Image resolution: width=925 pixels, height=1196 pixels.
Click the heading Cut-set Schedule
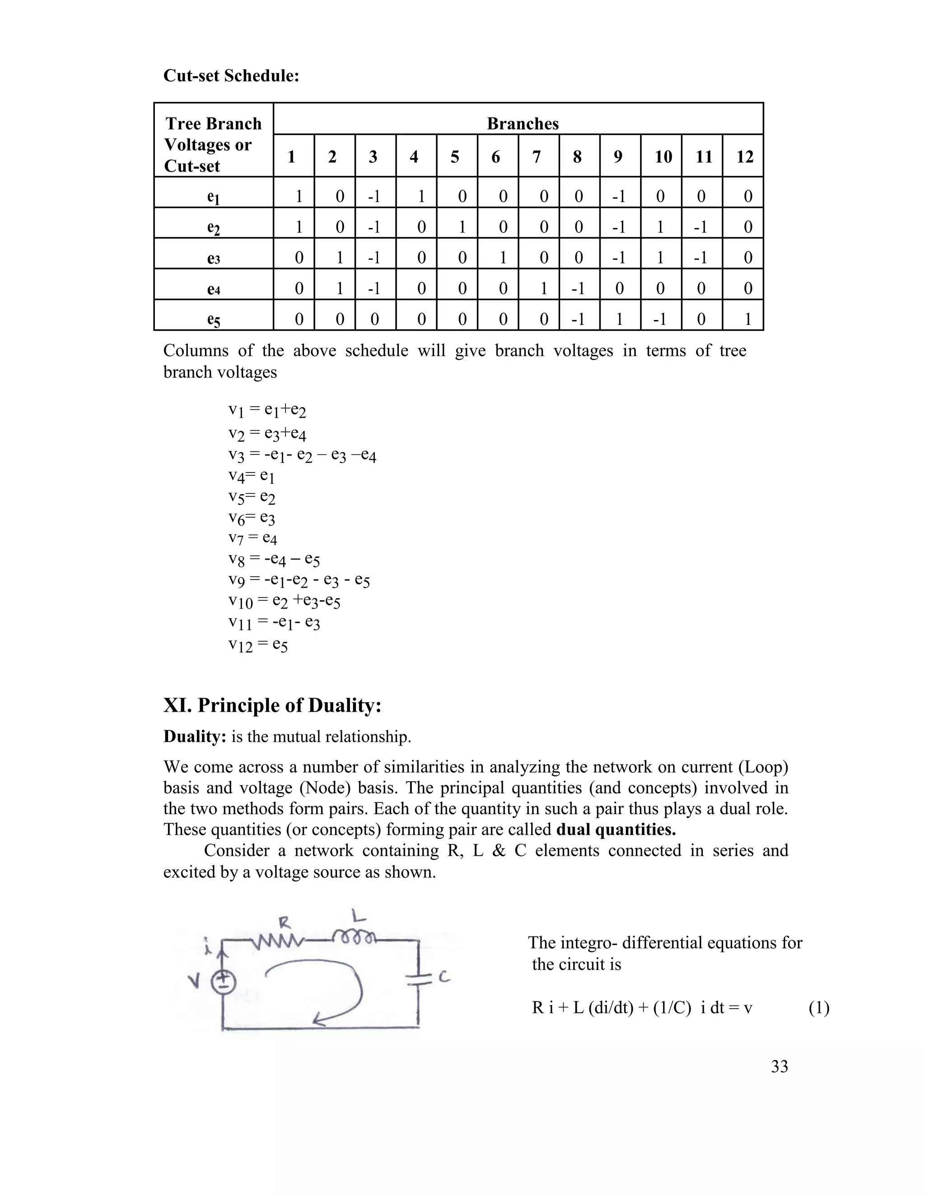(x=231, y=75)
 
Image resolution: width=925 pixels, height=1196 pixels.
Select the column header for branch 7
(x=537, y=157)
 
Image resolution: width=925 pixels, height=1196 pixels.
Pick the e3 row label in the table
(x=213, y=258)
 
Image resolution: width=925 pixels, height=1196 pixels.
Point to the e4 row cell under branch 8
(x=578, y=288)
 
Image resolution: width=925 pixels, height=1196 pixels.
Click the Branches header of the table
(x=522, y=124)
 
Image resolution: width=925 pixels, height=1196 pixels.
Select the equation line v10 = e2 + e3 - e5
(x=285, y=601)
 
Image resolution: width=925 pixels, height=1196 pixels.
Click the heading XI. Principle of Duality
(x=272, y=705)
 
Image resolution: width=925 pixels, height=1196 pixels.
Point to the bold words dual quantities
(x=616, y=830)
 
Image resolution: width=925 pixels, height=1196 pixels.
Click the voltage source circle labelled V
(x=224, y=983)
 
